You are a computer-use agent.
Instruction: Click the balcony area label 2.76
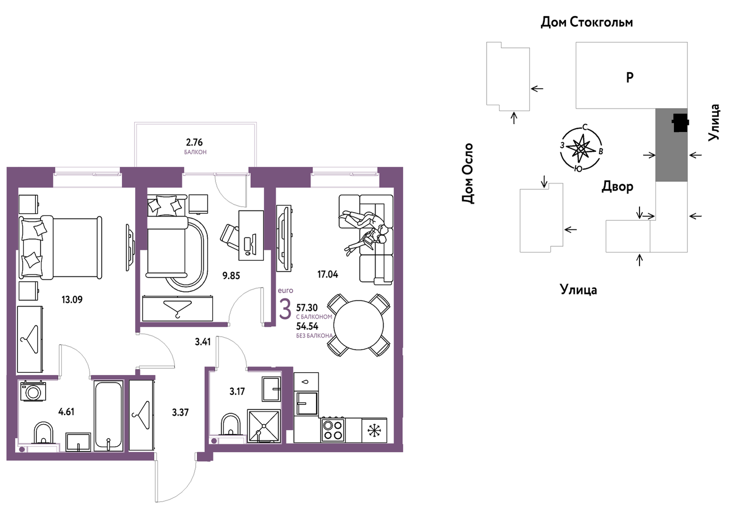[194, 142]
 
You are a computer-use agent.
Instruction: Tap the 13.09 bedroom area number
[72, 300]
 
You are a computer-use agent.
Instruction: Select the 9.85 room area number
[231, 276]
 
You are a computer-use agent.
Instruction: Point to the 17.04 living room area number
[328, 274]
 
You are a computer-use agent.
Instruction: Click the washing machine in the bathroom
[33, 391]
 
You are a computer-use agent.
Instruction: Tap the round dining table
[359, 325]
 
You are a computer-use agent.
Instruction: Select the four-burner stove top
[333, 430]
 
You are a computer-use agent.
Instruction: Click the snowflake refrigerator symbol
[374, 430]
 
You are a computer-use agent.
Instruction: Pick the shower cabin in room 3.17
[263, 426]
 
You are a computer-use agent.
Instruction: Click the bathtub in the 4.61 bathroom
[108, 416]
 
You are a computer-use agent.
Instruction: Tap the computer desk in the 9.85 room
[251, 235]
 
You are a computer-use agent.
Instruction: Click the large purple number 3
[285, 309]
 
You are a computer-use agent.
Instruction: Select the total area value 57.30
[307, 308]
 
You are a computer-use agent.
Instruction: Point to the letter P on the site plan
[630, 77]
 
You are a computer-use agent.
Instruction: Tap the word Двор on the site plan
[617, 187]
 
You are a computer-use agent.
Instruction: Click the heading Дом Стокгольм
[587, 22]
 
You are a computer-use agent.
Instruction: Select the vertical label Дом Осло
[467, 173]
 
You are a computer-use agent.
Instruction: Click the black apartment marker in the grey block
[680, 123]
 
